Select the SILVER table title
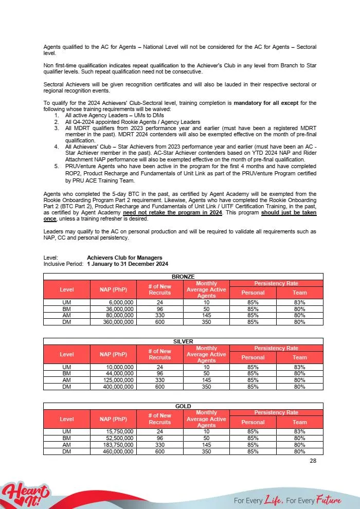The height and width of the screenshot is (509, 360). (184, 341)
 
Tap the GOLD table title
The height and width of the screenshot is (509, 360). (184, 406)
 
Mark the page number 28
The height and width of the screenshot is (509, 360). (313, 461)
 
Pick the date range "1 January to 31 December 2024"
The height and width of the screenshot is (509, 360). (128, 264)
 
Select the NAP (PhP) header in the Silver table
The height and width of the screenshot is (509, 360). (113, 354)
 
